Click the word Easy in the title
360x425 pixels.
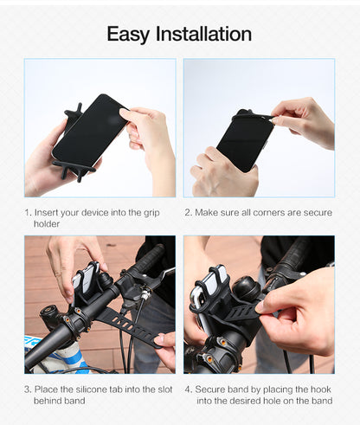(128, 34)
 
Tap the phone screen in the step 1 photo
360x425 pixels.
(89, 130)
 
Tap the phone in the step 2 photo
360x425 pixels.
(245, 138)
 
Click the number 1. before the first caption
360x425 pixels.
(28, 212)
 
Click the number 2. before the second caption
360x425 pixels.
(188, 212)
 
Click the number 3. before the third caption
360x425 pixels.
(28, 390)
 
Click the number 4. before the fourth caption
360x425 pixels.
(188, 390)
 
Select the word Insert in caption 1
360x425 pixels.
(49, 212)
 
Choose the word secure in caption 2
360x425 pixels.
(316, 212)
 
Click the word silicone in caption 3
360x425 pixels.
(93, 390)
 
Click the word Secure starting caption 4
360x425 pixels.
(213, 390)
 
